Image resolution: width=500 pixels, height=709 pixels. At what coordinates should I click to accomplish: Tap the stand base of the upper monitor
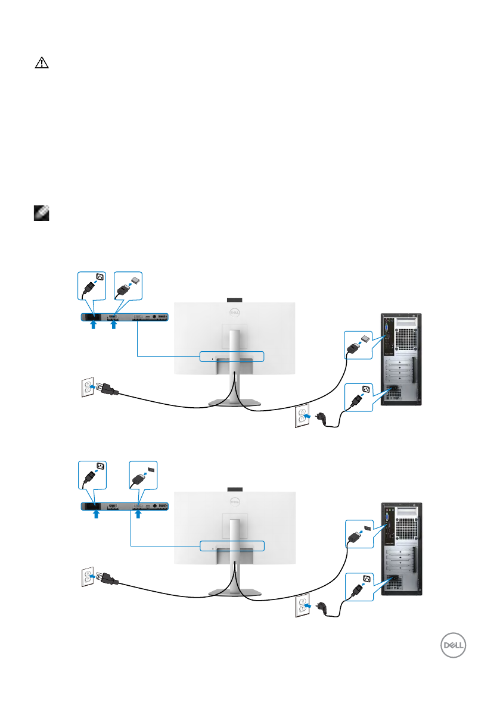pos(234,403)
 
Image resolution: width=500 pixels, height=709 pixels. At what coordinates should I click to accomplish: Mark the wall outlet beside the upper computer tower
pos(303,417)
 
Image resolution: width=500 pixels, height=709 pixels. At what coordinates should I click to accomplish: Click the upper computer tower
pos(401,360)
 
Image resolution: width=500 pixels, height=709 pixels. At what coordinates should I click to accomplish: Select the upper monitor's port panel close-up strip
pos(125,317)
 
